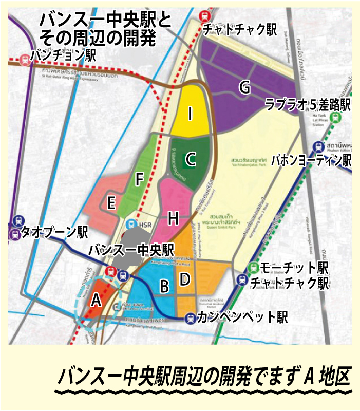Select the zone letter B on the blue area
click(164, 286)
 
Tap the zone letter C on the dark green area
click(191, 160)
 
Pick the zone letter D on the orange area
click(184, 279)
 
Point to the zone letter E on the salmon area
click(110, 203)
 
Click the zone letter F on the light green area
click(139, 179)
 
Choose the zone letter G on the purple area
click(245, 88)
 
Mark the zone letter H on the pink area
click(173, 219)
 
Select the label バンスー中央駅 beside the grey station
click(132, 250)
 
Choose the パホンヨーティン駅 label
click(311, 160)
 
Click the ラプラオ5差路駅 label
click(307, 105)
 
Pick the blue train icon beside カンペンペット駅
click(191, 318)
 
